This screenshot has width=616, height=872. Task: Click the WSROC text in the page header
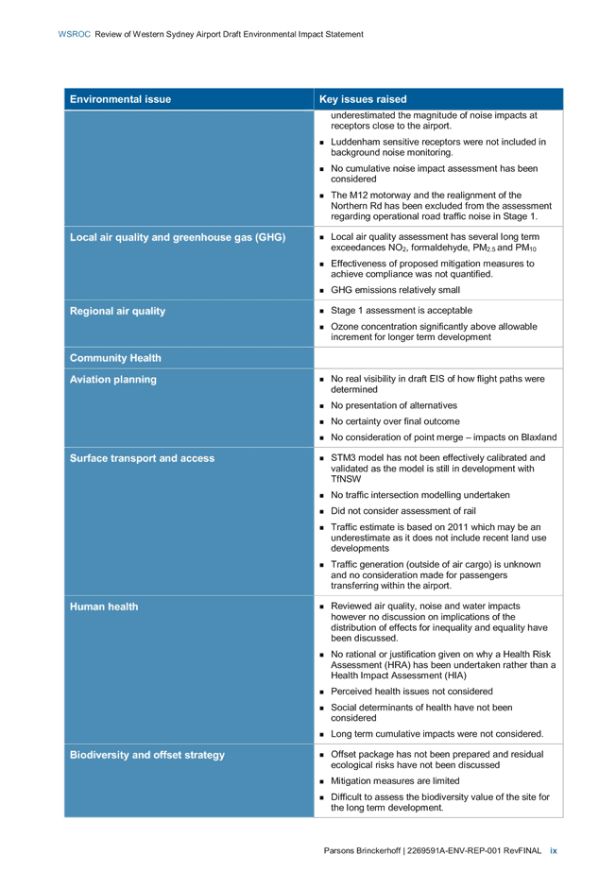click(74, 34)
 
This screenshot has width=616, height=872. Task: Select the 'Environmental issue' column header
click(120, 99)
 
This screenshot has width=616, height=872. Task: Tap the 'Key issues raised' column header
click(363, 99)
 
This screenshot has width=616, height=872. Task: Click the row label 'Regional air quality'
click(117, 312)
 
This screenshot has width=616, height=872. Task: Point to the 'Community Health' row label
click(115, 358)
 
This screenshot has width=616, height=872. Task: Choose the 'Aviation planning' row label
click(112, 380)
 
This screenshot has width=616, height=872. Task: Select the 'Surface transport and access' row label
click(142, 458)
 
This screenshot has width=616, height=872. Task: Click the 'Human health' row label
click(104, 607)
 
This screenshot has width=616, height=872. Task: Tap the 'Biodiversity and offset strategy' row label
click(147, 755)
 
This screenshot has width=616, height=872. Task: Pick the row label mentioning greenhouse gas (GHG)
click(178, 237)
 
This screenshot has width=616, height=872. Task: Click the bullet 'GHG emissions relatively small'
click(395, 290)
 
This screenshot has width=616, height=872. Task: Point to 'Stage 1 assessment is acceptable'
click(402, 310)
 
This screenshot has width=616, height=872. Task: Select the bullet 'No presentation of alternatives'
click(394, 405)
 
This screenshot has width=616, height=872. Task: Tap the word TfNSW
click(346, 479)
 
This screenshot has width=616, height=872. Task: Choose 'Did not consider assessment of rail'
click(403, 510)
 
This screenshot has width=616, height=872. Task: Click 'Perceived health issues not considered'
click(411, 692)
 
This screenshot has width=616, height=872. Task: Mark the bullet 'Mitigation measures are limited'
click(395, 780)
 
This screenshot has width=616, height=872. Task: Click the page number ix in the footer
click(554, 850)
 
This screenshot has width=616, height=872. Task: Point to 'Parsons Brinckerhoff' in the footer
click(362, 850)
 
